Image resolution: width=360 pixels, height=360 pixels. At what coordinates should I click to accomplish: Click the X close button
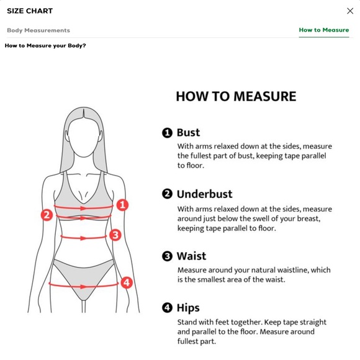(350, 11)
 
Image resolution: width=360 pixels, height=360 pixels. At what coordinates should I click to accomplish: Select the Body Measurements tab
(38, 30)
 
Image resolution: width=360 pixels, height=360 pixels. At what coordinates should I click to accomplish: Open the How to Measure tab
(324, 30)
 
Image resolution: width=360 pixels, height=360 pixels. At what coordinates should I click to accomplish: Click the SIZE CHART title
(30, 11)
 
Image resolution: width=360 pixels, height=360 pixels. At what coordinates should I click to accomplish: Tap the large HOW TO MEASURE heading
(236, 96)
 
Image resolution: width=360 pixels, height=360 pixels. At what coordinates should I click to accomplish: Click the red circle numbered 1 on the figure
(122, 205)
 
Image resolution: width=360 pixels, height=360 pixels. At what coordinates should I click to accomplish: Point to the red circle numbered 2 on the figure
(47, 215)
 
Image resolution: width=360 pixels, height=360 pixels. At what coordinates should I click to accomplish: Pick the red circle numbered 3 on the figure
(115, 235)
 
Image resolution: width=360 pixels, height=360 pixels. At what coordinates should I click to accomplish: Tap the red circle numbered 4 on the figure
(127, 282)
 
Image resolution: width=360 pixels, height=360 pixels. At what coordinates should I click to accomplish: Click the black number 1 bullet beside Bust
(167, 133)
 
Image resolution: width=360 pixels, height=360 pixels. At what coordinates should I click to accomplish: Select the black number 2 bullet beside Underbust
(167, 194)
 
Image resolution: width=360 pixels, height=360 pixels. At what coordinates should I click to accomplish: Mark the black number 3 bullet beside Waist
(167, 256)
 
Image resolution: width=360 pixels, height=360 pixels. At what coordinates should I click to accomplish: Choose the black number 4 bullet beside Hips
(167, 308)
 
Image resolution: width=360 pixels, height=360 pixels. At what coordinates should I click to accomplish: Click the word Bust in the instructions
(188, 132)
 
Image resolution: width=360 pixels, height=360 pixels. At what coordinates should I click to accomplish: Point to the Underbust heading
(205, 194)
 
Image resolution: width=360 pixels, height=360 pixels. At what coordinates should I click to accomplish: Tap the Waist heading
(191, 256)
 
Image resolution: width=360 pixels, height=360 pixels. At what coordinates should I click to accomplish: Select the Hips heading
(188, 308)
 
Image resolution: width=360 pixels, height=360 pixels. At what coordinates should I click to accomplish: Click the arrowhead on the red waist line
(83, 238)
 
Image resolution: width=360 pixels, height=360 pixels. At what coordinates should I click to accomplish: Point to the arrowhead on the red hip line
(83, 287)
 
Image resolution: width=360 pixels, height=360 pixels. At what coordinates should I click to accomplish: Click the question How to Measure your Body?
(45, 45)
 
